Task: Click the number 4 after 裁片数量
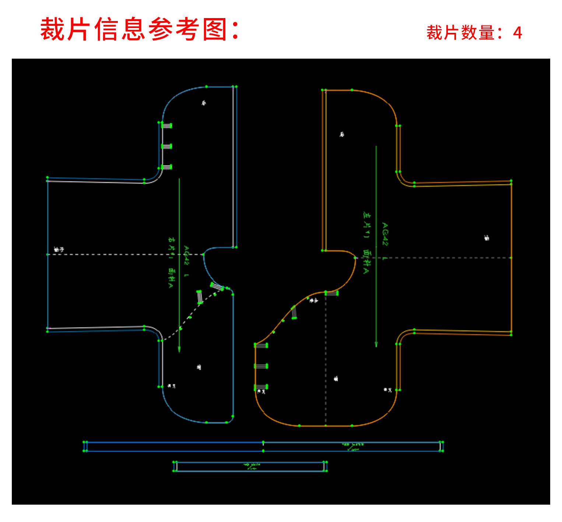(517, 33)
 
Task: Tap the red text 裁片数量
(460, 33)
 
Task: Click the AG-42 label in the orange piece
(384, 234)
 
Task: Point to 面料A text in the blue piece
(171, 278)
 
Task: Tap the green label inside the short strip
(252, 466)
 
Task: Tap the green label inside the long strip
(352, 446)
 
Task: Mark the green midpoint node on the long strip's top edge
(263, 442)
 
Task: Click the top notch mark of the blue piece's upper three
(166, 126)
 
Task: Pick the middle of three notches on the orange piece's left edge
(261, 366)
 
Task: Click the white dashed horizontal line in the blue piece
(125, 254)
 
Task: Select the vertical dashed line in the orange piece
(326, 358)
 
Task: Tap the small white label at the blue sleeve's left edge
(59, 250)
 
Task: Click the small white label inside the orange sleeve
(487, 238)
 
